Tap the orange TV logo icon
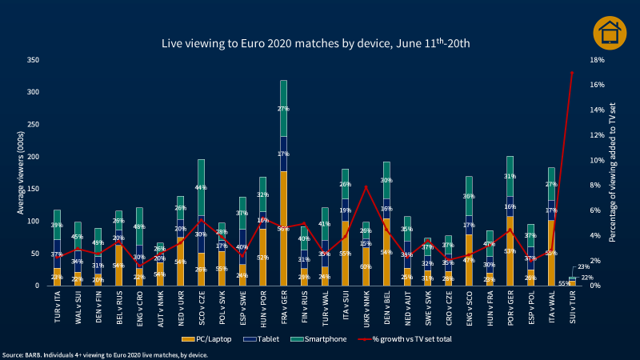point(610,32)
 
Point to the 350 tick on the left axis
point(33,60)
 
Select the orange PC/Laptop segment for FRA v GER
point(284,228)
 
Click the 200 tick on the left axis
point(33,157)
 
